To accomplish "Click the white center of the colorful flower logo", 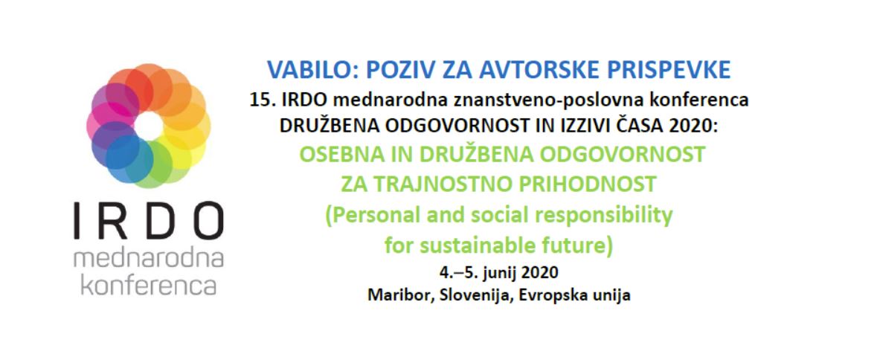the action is tap(149, 126).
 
